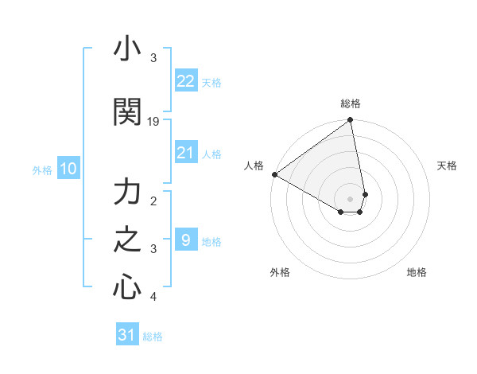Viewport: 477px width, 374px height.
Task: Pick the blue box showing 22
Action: (x=185, y=81)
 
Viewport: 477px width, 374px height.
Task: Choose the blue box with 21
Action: (x=185, y=153)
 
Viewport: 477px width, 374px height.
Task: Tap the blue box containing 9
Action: (x=185, y=240)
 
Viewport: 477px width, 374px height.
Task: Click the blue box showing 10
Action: (x=68, y=169)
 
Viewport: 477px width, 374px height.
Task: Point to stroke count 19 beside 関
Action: (x=153, y=122)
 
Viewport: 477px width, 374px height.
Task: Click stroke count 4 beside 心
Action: (x=153, y=297)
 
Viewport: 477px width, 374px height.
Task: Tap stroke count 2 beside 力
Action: (x=153, y=201)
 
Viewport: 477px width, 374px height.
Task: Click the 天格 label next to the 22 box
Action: (x=211, y=82)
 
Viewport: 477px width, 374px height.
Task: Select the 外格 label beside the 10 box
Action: (x=42, y=169)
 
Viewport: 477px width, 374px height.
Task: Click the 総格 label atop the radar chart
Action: (x=351, y=103)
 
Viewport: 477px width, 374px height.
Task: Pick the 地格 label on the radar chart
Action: (x=417, y=272)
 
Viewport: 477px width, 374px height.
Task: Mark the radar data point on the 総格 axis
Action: (x=351, y=121)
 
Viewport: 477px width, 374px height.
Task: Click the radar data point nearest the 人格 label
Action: (x=274, y=174)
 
